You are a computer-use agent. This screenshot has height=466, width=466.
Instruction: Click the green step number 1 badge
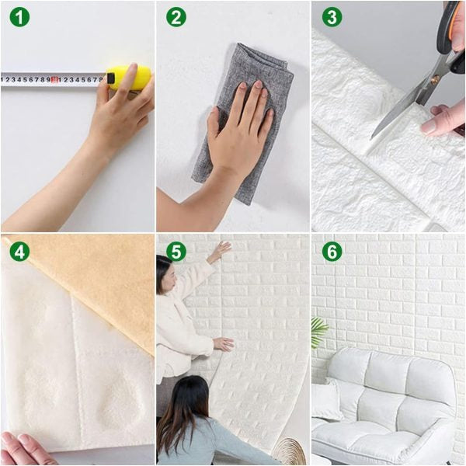pyautogui.click(x=19, y=17)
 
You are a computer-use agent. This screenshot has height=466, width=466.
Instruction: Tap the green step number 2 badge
pyautogui.click(x=176, y=17)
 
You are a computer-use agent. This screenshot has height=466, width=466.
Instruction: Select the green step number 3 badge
pyautogui.click(x=332, y=17)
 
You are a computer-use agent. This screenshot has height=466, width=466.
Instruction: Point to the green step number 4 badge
pyautogui.click(x=19, y=252)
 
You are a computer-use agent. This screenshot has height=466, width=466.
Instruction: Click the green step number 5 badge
pyautogui.click(x=176, y=252)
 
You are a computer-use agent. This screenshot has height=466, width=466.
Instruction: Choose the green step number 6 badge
pyautogui.click(x=332, y=252)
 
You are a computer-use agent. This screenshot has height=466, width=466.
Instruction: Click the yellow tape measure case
pyautogui.click(x=128, y=78)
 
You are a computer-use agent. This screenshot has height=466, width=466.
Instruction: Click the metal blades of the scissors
pyautogui.click(x=404, y=101)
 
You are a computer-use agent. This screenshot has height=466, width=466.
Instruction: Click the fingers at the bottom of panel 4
pyautogui.click(x=23, y=449)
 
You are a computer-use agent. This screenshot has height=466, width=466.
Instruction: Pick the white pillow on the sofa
pyautogui.click(x=327, y=400)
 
